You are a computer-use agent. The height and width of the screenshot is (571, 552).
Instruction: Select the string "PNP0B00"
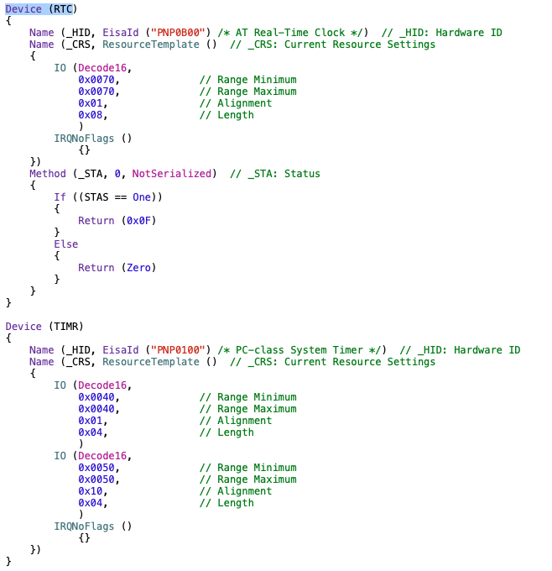coord(174,33)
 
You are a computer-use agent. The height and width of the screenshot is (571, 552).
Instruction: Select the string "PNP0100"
coord(174,350)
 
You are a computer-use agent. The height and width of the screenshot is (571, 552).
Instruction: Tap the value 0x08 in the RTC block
coord(91,115)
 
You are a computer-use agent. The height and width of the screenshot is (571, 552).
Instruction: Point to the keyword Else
coord(66,244)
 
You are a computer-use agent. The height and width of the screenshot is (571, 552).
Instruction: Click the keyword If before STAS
coord(60,197)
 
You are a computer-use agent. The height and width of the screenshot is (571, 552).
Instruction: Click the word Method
coord(48,174)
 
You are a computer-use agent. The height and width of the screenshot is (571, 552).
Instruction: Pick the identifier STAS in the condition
coord(99,197)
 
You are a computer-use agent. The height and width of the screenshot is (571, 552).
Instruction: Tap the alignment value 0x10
coord(91,491)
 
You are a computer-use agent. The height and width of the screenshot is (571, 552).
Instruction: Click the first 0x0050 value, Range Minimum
coord(96,468)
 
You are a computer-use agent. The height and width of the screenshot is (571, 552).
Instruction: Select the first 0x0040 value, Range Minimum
coord(96,397)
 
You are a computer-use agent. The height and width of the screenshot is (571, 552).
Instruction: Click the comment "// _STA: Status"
coord(274,174)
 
